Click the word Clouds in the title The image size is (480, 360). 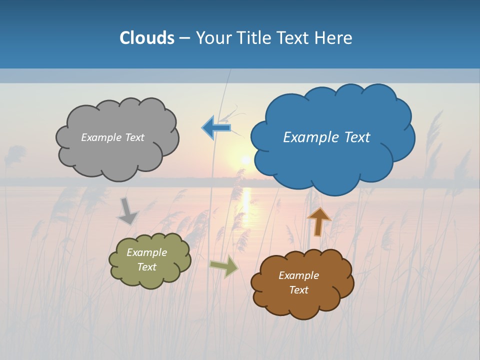146,38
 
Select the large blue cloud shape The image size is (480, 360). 332,160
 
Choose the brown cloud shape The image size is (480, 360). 302,300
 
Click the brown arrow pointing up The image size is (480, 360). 318,221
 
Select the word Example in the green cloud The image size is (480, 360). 146,252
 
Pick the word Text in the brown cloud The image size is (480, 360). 298,290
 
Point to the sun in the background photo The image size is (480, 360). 245,159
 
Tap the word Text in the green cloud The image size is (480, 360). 146,267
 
